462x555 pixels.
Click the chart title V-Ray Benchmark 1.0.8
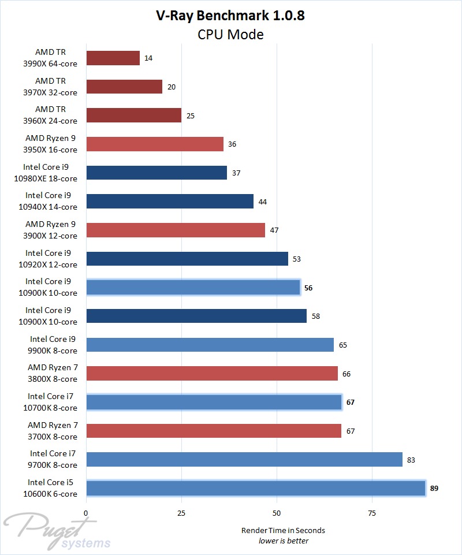pyautogui.click(x=230, y=16)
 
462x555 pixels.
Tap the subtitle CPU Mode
pyautogui.click(x=230, y=35)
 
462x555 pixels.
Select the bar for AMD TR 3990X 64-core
pyautogui.click(x=113, y=58)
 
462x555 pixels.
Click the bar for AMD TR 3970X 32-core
pyautogui.click(x=124, y=87)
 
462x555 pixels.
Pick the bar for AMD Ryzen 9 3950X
pyautogui.click(x=155, y=144)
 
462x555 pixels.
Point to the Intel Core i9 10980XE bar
pyautogui.click(x=157, y=173)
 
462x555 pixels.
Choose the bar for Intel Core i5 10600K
pyautogui.click(x=256, y=488)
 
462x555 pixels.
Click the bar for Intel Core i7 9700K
pyautogui.click(x=244, y=460)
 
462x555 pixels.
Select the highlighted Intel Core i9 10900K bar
pyautogui.click(x=193, y=287)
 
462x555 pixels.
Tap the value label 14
pyautogui.click(x=149, y=58)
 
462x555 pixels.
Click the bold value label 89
pyautogui.click(x=435, y=488)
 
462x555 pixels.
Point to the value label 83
pyautogui.click(x=411, y=460)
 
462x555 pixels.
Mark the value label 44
pyautogui.click(x=263, y=202)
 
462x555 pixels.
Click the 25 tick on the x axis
pyautogui.click(x=181, y=513)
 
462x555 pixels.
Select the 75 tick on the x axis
pyautogui.click(x=372, y=513)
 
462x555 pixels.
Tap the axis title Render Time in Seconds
pyautogui.click(x=283, y=530)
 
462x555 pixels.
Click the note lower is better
pyautogui.click(x=283, y=541)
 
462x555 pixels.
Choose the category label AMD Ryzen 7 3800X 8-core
pyautogui.click(x=53, y=373)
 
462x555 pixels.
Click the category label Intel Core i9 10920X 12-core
pyautogui.click(x=51, y=259)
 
